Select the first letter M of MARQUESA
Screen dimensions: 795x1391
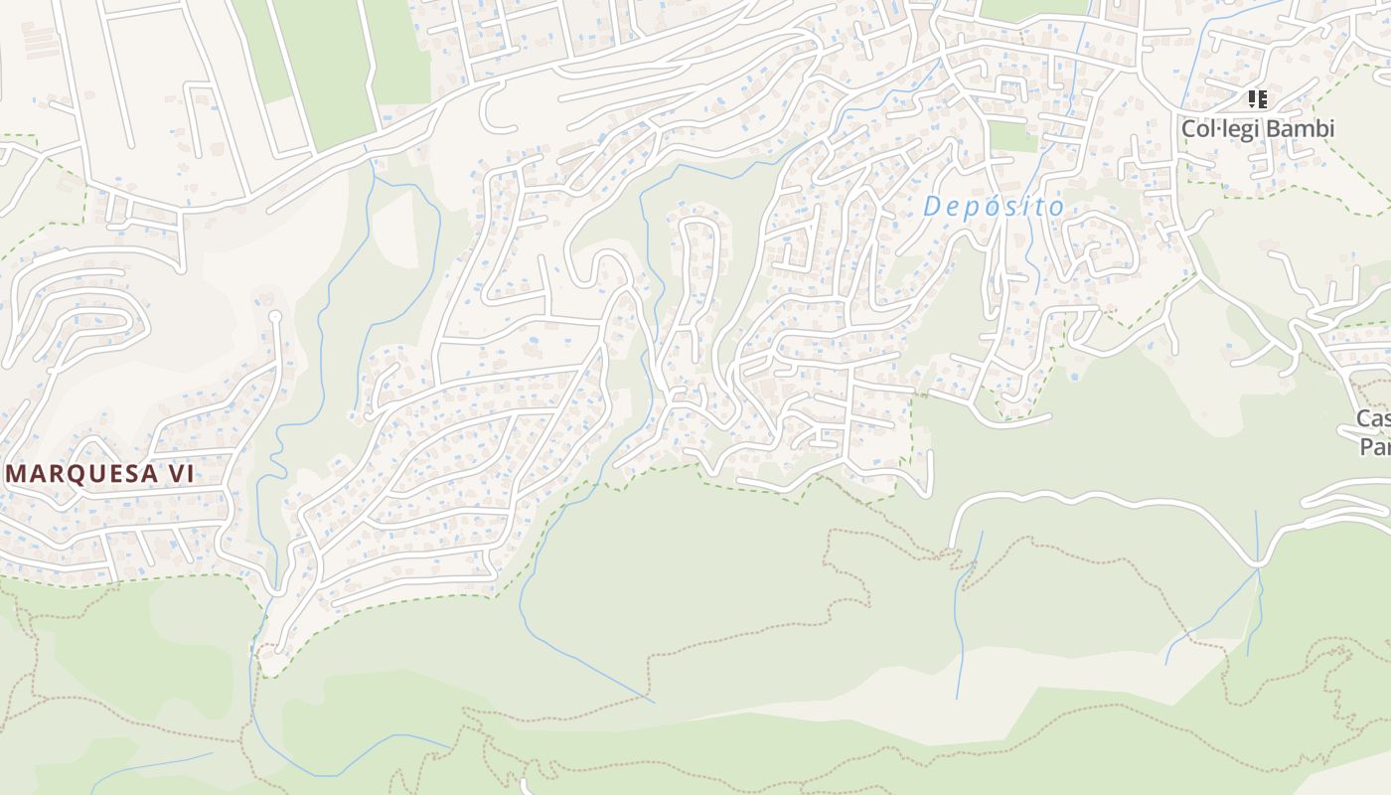click(x=18, y=474)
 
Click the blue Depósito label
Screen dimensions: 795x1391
click(x=994, y=207)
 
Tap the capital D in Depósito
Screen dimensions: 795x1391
click(x=932, y=207)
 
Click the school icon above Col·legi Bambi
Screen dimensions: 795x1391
click(x=1258, y=99)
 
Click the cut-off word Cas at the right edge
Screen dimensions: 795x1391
click(x=1374, y=418)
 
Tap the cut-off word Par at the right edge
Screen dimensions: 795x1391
click(x=1376, y=446)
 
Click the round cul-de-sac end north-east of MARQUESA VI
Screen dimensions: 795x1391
click(x=275, y=317)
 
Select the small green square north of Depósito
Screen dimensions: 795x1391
click(x=1012, y=137)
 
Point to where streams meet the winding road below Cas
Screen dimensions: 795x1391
click(x=1258, y=566)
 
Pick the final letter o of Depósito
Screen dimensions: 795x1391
click(x=1057, y=207)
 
